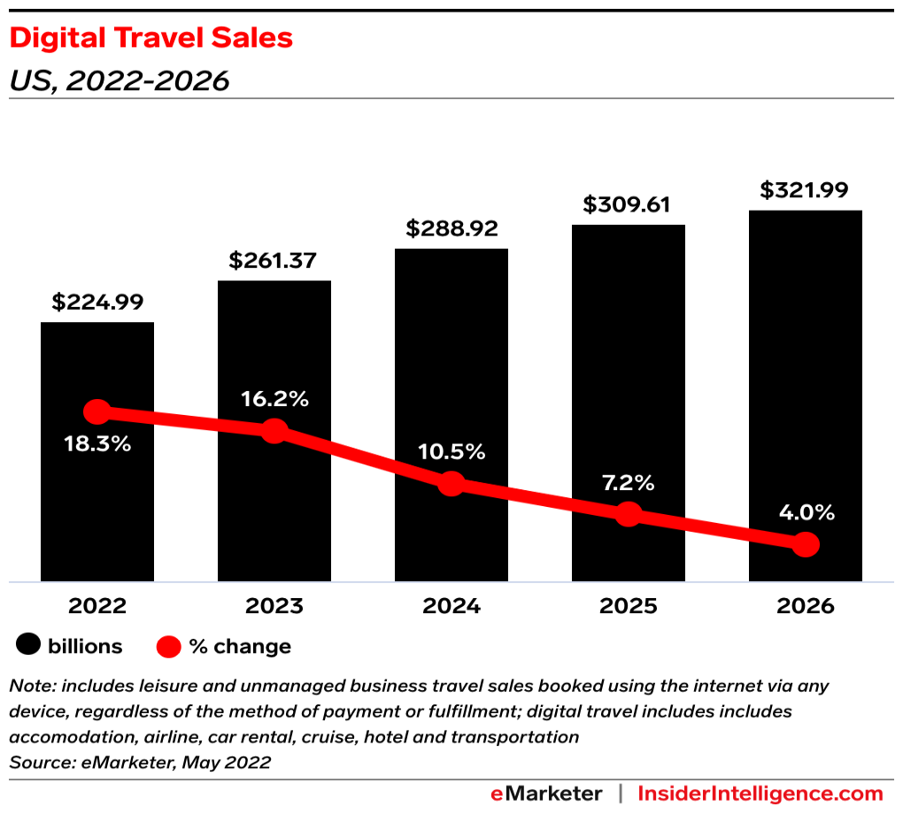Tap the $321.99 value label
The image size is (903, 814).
point(805,190)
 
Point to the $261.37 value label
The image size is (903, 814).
point(274,260)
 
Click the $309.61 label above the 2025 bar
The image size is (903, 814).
point(628,204)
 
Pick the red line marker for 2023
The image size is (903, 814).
point(274,431)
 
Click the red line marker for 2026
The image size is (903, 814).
point(805,544)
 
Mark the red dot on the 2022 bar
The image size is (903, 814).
point(96,411)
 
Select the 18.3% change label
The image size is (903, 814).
point(97,444)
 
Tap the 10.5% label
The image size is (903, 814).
point(451,452)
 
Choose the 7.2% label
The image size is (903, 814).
point(628,483)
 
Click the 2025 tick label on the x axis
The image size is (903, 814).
point(628,606)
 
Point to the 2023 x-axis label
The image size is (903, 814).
point(274,606)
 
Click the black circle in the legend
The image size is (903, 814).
point(28,646)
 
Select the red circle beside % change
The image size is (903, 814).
point(169,647)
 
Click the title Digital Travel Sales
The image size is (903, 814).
point(150,38)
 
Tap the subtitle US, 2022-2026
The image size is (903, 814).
point(119,81)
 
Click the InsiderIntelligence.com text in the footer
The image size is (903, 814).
point(760,793)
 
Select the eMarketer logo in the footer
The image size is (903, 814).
point(546,793)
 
